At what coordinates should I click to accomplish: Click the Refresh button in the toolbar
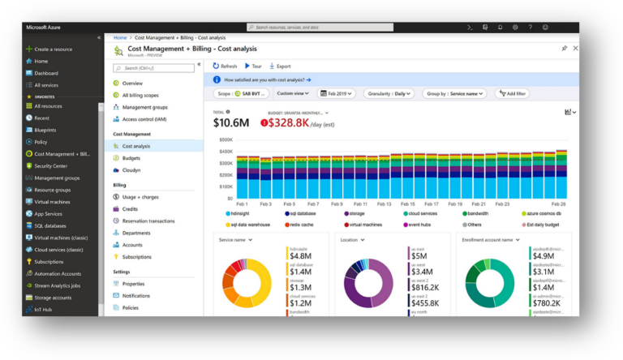(225, 66)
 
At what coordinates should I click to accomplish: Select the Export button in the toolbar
(279, 66)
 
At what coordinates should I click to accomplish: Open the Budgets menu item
(131, 158)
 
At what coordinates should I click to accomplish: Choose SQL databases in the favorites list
(50, 225)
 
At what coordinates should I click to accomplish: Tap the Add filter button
(510, 94)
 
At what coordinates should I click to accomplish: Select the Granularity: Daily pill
(388, 94)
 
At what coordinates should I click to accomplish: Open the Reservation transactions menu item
(148, 221)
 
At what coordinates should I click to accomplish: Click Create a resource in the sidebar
(53, 49)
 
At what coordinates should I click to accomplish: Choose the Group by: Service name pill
(458, 94)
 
